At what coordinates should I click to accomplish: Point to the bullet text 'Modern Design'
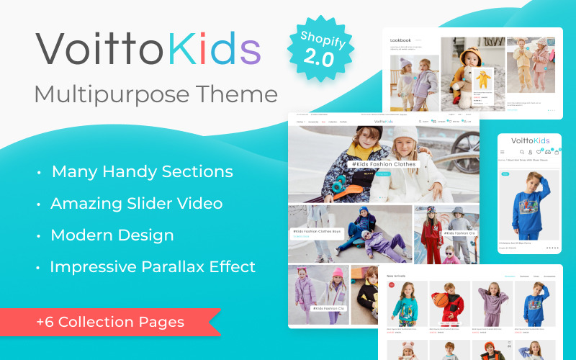click(x=112, y=235)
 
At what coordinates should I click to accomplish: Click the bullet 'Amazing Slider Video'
click(x=136, y=203)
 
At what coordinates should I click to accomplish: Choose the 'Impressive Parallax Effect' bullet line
click(x=153, y=266)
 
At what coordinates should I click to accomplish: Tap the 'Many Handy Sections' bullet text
click(x=142, y=171)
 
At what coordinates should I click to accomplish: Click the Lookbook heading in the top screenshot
click(x=401, y=40)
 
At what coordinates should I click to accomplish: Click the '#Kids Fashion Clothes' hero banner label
click(x=383, y=165)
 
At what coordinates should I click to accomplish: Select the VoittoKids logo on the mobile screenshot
click(x=530, y=140)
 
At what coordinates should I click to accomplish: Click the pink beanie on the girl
click(x=338, y=273)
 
